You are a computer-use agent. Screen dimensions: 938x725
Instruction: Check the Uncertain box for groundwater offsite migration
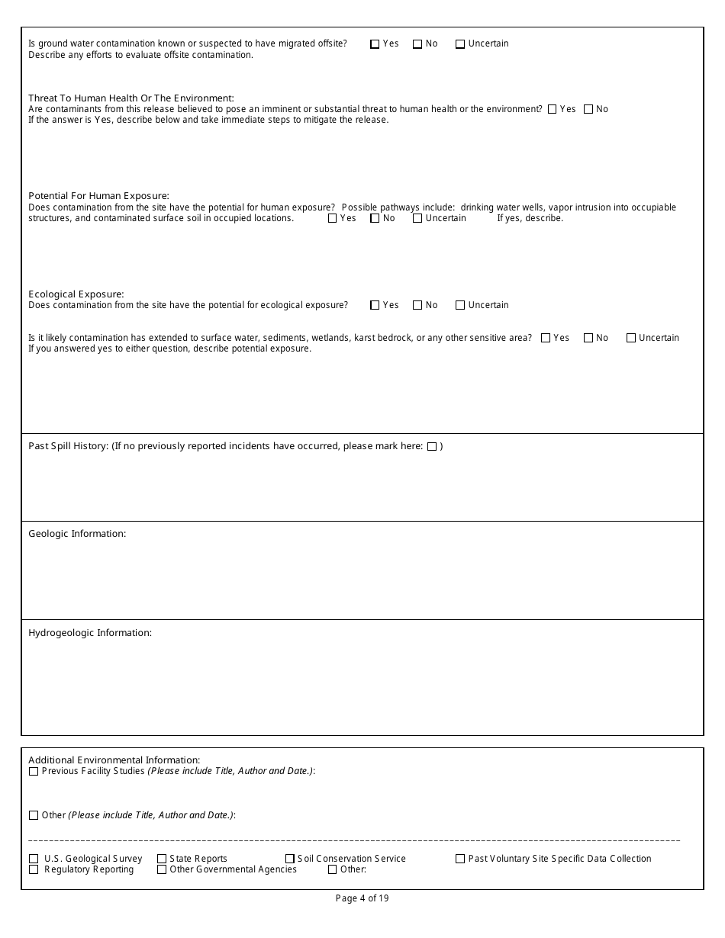point(460,44)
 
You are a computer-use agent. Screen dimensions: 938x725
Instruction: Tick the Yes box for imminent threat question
point(552,110)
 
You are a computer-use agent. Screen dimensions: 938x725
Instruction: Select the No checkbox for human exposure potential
point(375,219)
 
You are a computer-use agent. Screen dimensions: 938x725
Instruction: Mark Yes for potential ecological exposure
point(375,306)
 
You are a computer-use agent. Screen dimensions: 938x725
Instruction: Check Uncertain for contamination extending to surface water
point(631,339)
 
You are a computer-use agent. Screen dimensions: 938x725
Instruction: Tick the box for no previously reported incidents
point(432,447)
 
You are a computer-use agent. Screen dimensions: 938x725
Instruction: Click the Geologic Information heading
point(77,534)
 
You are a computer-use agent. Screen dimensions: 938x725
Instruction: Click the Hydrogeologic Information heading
point(90,633)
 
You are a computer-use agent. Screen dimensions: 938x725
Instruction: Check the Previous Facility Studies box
point(34,772)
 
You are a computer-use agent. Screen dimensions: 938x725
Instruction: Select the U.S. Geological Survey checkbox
point(34,859)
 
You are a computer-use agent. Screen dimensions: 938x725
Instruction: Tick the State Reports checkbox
point(162,859)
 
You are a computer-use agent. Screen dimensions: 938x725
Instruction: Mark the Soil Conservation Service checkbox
point(290,859)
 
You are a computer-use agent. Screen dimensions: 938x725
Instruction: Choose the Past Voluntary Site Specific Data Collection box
point(460,859)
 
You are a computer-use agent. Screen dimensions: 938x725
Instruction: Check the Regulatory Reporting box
point(34,870)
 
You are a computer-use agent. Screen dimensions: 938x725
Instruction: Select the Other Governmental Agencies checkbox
point(162,870)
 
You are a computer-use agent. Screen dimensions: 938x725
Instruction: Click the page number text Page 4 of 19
point(362,898)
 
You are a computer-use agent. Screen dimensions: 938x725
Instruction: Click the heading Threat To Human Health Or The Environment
point(130,98)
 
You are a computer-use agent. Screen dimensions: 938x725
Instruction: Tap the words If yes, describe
point(530,218)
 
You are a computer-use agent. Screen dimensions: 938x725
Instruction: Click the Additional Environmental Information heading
point(114,760)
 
